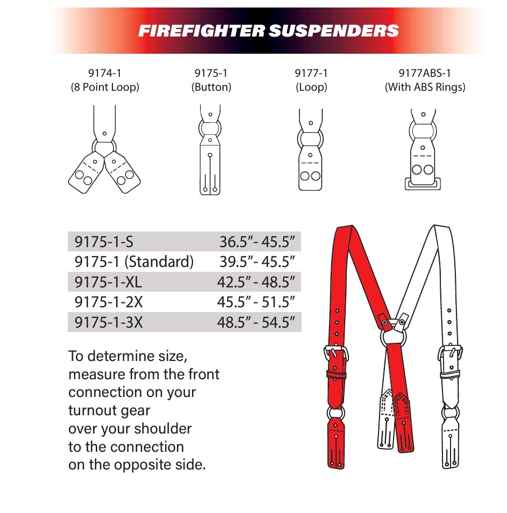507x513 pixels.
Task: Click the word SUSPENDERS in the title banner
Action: point(334,31)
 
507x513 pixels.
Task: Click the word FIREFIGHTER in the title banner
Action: point(202,31)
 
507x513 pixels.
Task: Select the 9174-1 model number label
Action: point(105,73)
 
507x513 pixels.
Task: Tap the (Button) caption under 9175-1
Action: point(211,87)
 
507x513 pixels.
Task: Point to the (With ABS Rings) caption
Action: point(425,87)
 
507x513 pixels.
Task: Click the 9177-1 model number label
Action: point(311,73)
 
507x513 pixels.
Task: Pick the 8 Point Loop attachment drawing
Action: point(104,149)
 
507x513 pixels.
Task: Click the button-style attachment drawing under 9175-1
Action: point(210,149)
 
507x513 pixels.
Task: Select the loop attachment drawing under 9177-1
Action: point(310,149)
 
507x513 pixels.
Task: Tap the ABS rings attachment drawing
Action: point(423,149)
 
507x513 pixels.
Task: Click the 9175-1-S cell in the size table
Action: point(104,242)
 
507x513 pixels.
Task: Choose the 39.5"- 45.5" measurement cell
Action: point(257,262)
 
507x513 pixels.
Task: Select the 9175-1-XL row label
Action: point(108,282)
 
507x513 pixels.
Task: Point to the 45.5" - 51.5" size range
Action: point(256,302)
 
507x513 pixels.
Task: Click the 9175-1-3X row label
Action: point(109,322)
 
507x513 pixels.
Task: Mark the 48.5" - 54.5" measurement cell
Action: point(256,322)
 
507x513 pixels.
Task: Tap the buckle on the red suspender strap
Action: point(336,353)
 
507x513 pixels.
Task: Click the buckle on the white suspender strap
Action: point(450,353)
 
